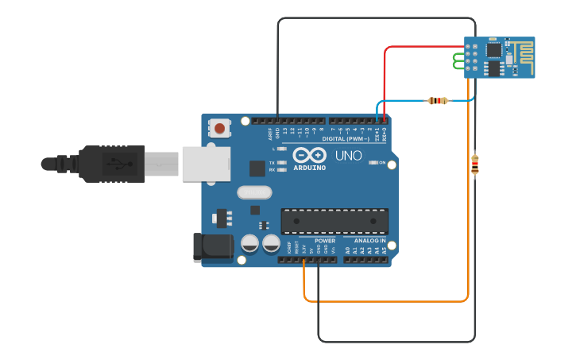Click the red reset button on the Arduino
click(219, 128)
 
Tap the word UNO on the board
click(348, 156)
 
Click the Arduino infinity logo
click(309, 154)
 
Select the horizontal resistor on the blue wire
click(438, 100)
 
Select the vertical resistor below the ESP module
click(475, 164)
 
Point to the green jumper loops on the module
click(458, 60)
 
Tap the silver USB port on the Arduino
click(206, 164)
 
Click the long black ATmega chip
click(334, 222)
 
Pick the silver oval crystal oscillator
click(254, 192)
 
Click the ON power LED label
click(382, 163)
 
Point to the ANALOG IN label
click(369, 240)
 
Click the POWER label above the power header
click(325, 240)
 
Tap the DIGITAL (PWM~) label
click(345, 139)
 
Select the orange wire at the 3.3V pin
click(304, 270)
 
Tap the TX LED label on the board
click(272, 161)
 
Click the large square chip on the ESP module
click(494, 50)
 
